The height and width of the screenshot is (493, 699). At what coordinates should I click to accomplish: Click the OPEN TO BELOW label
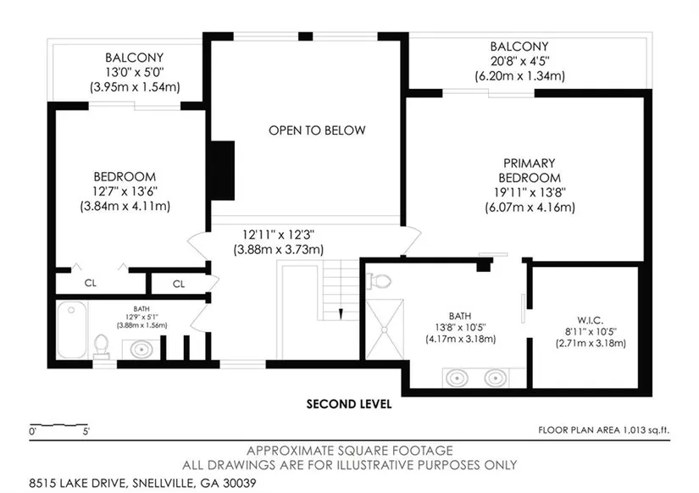[317, 130]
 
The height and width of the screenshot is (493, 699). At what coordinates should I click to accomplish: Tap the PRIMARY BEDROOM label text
[530, 170]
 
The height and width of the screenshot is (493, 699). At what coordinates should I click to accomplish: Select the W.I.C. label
[591, 320]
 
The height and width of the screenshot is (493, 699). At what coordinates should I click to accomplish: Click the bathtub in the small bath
[72, 330]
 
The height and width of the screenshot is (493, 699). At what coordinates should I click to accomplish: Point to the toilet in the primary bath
[379, 281]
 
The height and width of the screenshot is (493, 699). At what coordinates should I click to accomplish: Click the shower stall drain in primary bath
[385, 330]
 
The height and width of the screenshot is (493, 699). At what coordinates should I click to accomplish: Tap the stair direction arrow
[341, 313]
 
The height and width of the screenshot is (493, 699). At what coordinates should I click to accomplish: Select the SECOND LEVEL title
[348, 404]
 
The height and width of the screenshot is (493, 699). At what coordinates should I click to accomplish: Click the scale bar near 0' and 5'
[58, 424]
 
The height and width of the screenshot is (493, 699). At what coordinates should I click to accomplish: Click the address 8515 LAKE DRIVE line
[142, 483]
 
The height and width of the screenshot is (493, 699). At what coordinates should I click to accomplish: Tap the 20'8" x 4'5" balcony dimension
[519, 61]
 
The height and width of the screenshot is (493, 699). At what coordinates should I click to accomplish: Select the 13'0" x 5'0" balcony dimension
[135, 72]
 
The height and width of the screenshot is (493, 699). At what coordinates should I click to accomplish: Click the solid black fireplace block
[223, 171]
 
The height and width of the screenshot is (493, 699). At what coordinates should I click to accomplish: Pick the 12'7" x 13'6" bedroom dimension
[125, 191]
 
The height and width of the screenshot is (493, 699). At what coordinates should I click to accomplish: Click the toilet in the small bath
[102, 346]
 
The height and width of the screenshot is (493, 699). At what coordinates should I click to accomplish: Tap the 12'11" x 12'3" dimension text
[279, 235]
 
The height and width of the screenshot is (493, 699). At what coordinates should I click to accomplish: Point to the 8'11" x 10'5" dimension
[591, 332]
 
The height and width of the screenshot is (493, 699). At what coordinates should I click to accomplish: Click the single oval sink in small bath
[141, 349]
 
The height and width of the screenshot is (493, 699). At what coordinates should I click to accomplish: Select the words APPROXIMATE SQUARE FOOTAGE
[350, 451]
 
